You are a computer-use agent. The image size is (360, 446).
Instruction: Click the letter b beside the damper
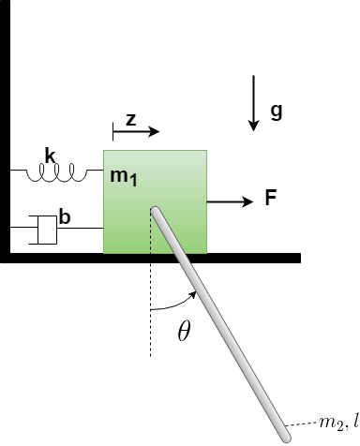point(65,217)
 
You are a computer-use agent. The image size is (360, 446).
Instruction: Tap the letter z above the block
point(131,119)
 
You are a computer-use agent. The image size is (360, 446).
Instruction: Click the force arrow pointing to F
point(230,201)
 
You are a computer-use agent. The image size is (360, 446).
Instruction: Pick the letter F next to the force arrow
point(270,199)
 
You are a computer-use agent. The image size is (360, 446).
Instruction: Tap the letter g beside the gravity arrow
point(276,111)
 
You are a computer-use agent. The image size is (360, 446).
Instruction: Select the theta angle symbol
point(184,331)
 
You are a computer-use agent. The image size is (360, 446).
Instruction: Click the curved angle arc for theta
point(174,302)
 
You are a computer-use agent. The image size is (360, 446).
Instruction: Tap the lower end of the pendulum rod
point(284,433)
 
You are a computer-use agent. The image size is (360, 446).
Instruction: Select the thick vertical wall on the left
point(5,131)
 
